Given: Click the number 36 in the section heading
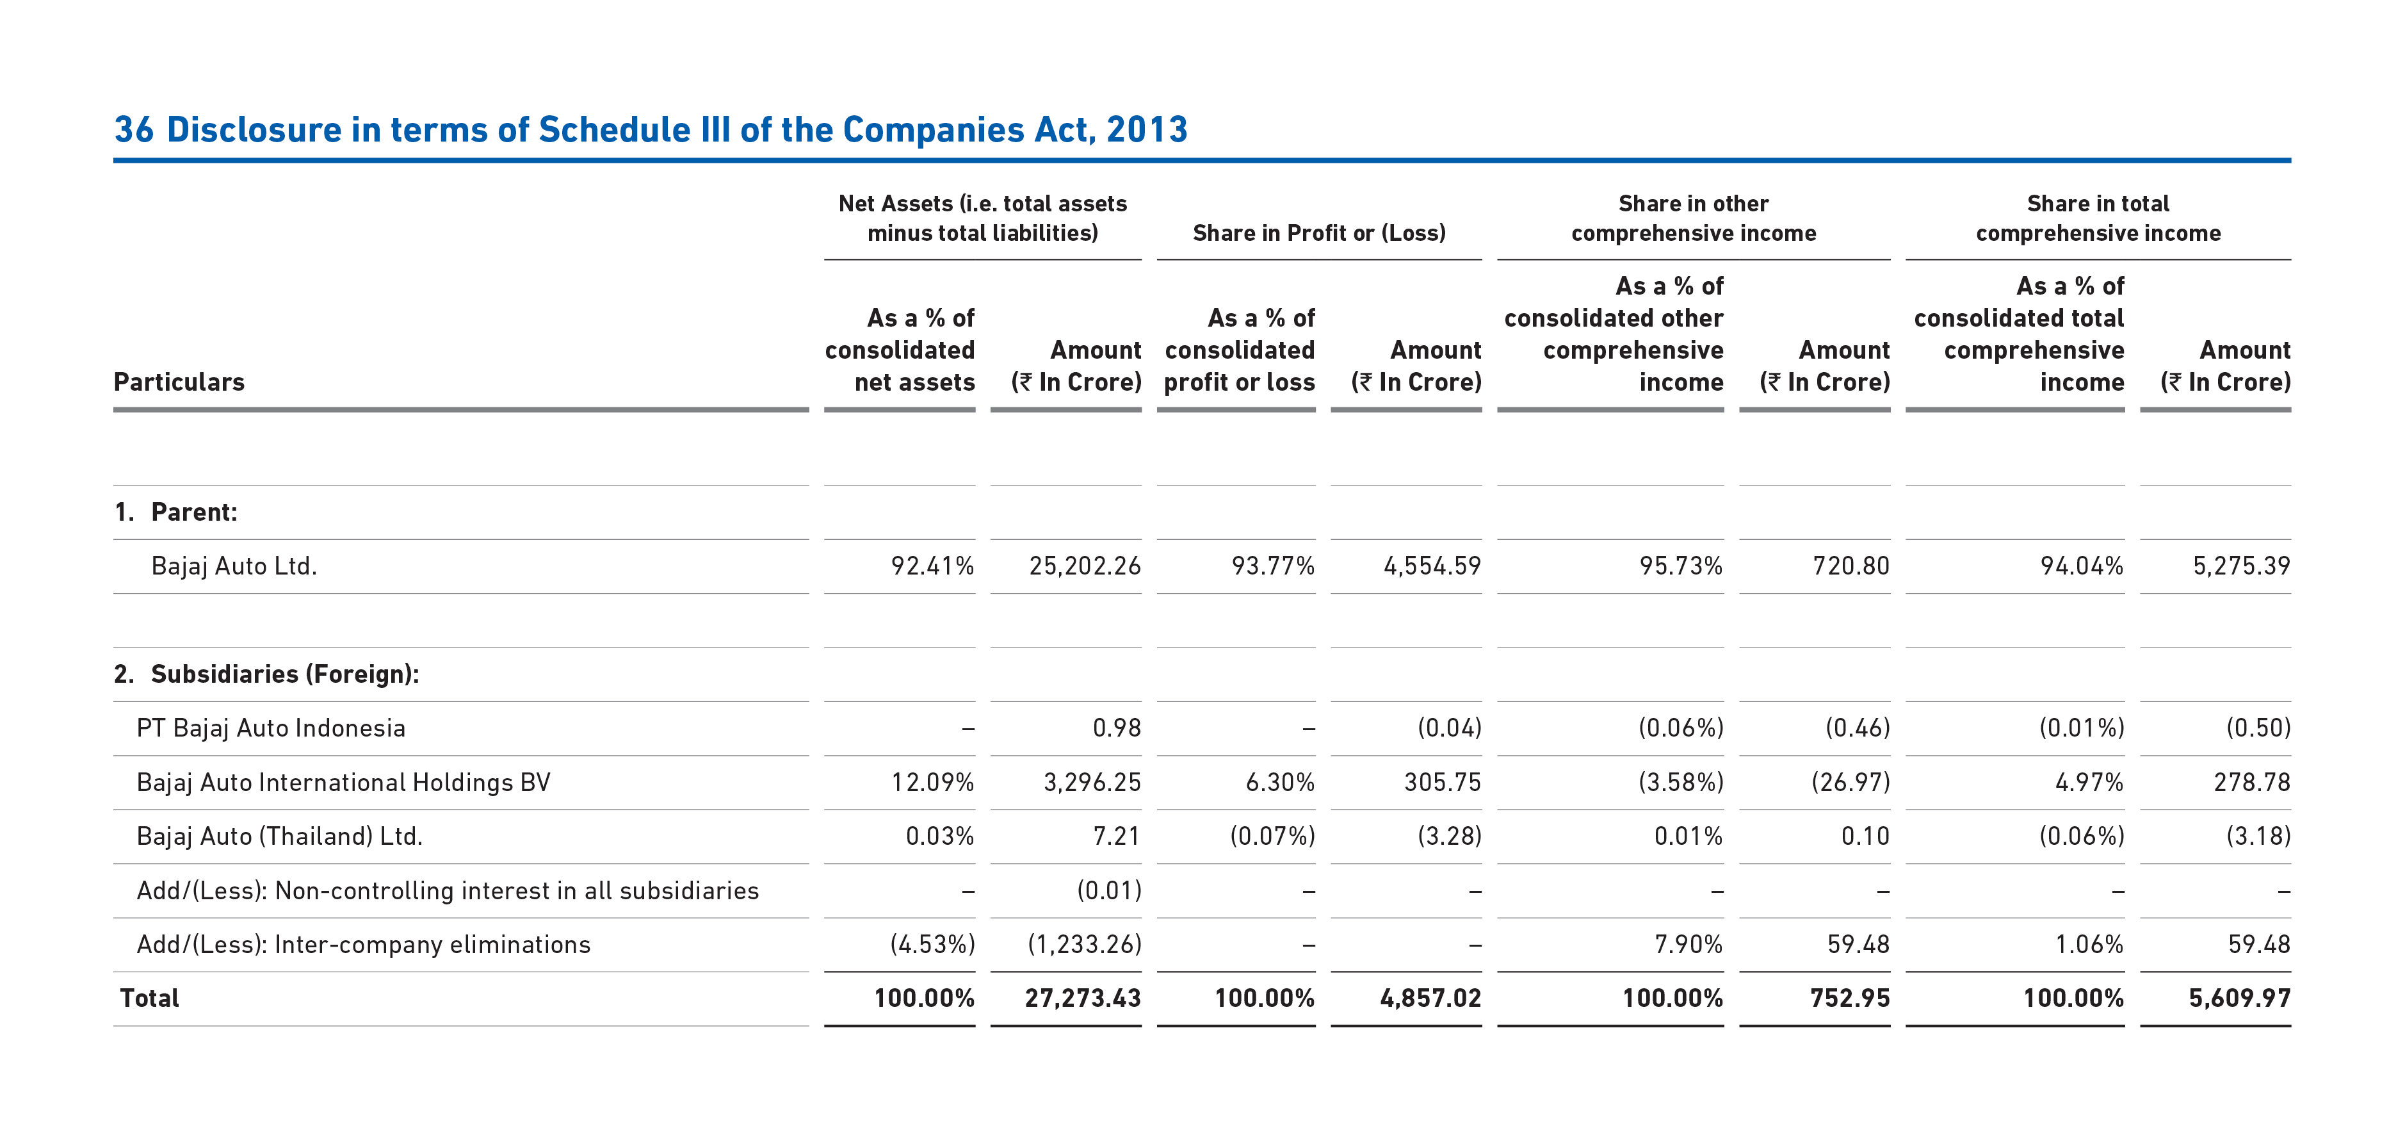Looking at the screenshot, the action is (134, 130).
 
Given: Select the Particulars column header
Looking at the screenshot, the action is (179, 382).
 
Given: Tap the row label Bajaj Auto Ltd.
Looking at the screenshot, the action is (234, 566).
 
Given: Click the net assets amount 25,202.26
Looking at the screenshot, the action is (1085, 566).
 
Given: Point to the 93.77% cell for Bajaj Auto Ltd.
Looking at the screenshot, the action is (1272, 566).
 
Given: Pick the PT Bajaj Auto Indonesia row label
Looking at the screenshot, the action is (271, 728).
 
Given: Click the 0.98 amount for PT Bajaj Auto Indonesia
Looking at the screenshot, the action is (1117, 728).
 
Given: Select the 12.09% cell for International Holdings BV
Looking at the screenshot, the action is (933, 783).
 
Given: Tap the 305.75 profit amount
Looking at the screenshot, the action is (1443, 783).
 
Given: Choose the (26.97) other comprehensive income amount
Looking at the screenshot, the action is (1850, 783).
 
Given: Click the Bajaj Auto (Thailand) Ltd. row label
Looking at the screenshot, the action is (279, 836).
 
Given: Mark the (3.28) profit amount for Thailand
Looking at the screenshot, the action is (1449, 836).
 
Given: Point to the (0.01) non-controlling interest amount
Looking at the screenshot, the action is (1109, 891).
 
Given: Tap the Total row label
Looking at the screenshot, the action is (149, 998).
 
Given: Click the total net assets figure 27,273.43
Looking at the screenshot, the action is (1083, 998).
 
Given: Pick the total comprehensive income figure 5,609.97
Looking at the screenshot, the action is (2240, 998).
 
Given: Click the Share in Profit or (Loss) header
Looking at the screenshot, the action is (1319, 232).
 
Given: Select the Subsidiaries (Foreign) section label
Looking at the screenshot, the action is (266, 674).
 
